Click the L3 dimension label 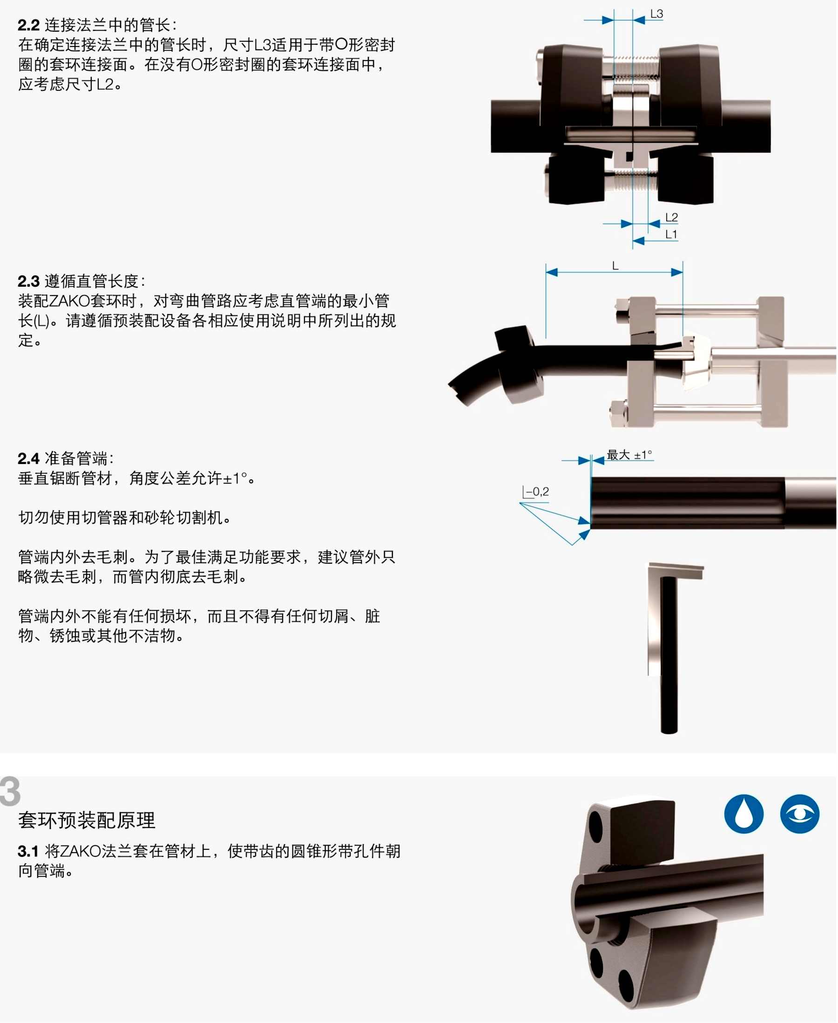click(656, 14)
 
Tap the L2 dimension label click(671, 218)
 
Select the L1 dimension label click(671, 235)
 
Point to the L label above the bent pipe click(615, 266)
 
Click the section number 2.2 click(28, 25)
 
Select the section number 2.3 click(28, 281)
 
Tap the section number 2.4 click(28, 458)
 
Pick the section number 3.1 click(28, 851)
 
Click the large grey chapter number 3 click(10, 791)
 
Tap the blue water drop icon click(744, 814)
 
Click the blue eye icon click(799, 814)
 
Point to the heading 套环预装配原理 click(87, 821)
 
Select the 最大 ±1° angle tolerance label click(629, 455)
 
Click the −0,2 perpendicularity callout click(536, 491)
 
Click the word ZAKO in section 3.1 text click(80, 851)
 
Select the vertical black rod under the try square click(669, 655)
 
